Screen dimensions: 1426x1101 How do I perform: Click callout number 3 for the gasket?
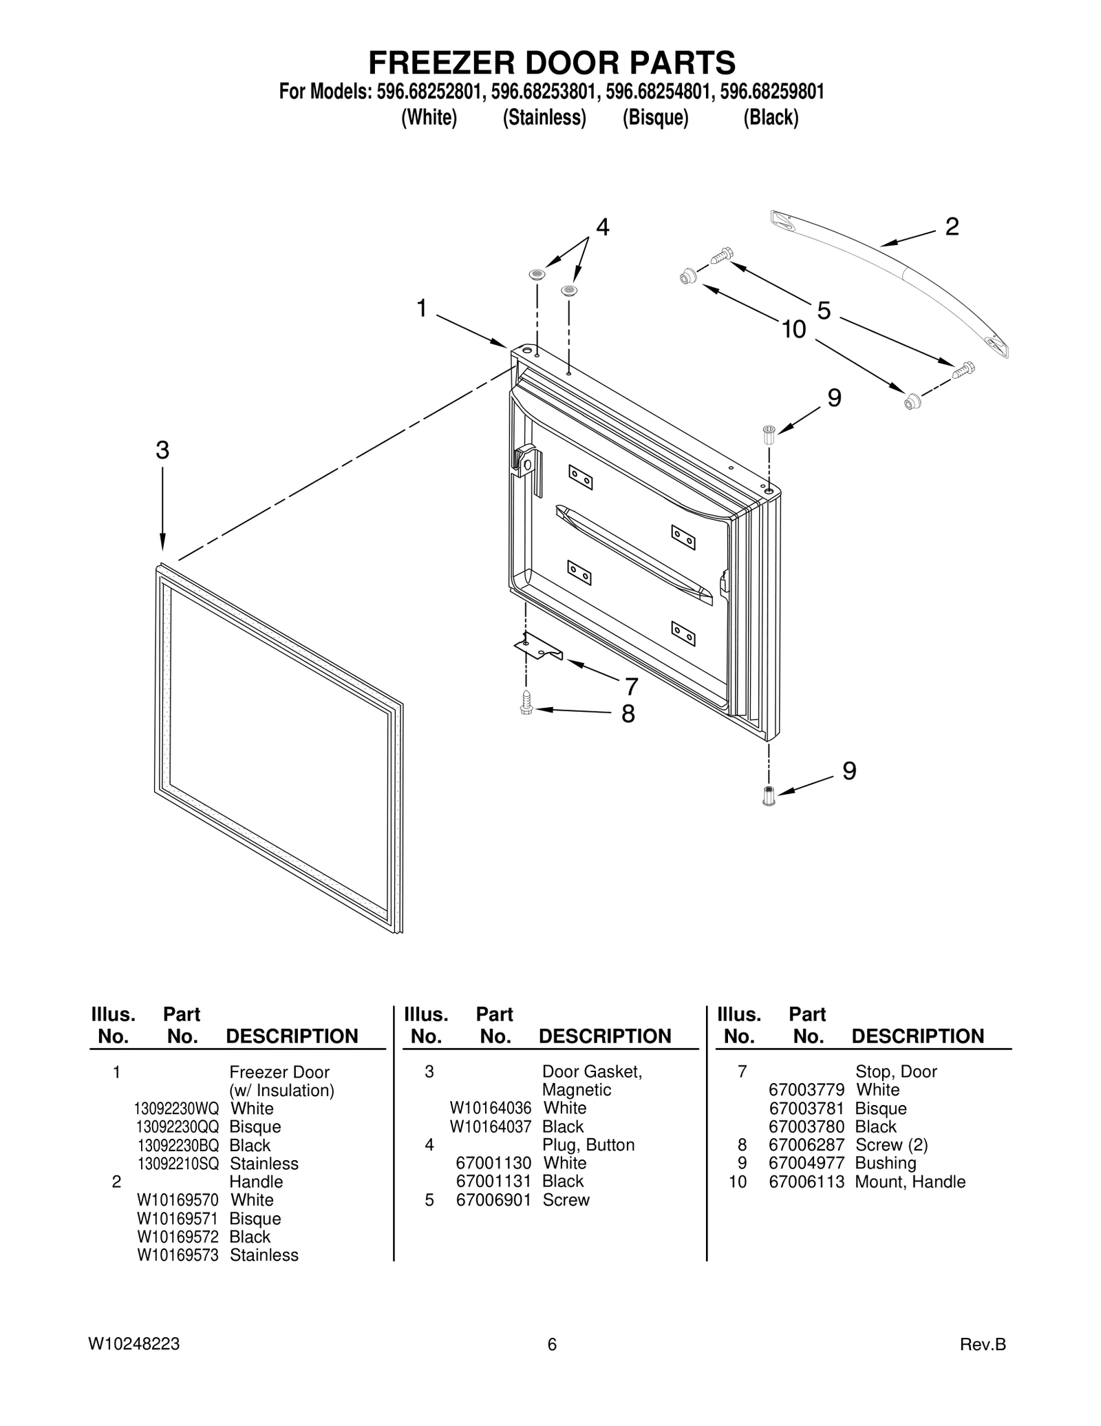tap(162, 451)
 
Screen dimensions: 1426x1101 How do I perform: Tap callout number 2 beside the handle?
tap(952, 227)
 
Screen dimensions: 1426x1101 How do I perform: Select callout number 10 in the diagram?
tap(793, 331)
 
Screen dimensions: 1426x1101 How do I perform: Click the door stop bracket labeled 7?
tap(539, 649)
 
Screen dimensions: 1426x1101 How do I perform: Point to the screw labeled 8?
tap(526, 703)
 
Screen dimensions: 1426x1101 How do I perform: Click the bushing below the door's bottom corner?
tap(769, 796)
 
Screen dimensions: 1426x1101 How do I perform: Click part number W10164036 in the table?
tap(490, 1108)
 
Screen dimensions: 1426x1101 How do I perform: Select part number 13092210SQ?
tap(178, 1164)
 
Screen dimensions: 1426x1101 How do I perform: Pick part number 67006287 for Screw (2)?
tap(806, 1144)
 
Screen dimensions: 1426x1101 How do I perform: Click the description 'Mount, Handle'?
tap(910, 1182)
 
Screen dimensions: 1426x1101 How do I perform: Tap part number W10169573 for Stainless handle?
tap(178, 1255)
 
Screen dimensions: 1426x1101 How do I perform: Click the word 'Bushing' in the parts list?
tap(885, 1163)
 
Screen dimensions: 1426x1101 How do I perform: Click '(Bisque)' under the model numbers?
tap(655, 118)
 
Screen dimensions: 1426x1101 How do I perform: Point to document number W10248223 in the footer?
tap(134, 1344)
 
